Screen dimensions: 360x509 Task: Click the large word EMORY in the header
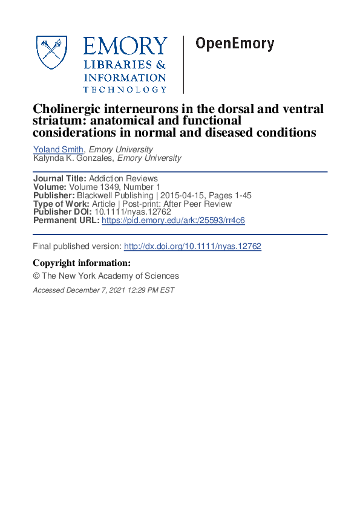tap(125, 47)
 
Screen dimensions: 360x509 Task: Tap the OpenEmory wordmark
tap(235, 44)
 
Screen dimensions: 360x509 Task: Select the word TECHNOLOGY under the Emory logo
tap(125, 89)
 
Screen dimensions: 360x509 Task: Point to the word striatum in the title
tap(56, 120)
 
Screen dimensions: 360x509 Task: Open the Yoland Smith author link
tap(59, 149)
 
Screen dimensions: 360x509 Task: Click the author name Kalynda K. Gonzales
tap(73, 158)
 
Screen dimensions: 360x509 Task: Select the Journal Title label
tap(60, 178)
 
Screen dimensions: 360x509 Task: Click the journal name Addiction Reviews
tap(123, 178)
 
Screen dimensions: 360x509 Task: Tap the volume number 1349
tap(106, 187)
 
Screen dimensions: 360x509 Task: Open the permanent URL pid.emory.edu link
tap(173, 221)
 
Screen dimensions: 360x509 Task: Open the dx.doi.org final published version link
tap(192, 247)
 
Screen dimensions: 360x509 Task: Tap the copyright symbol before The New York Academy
tap(36, 276)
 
